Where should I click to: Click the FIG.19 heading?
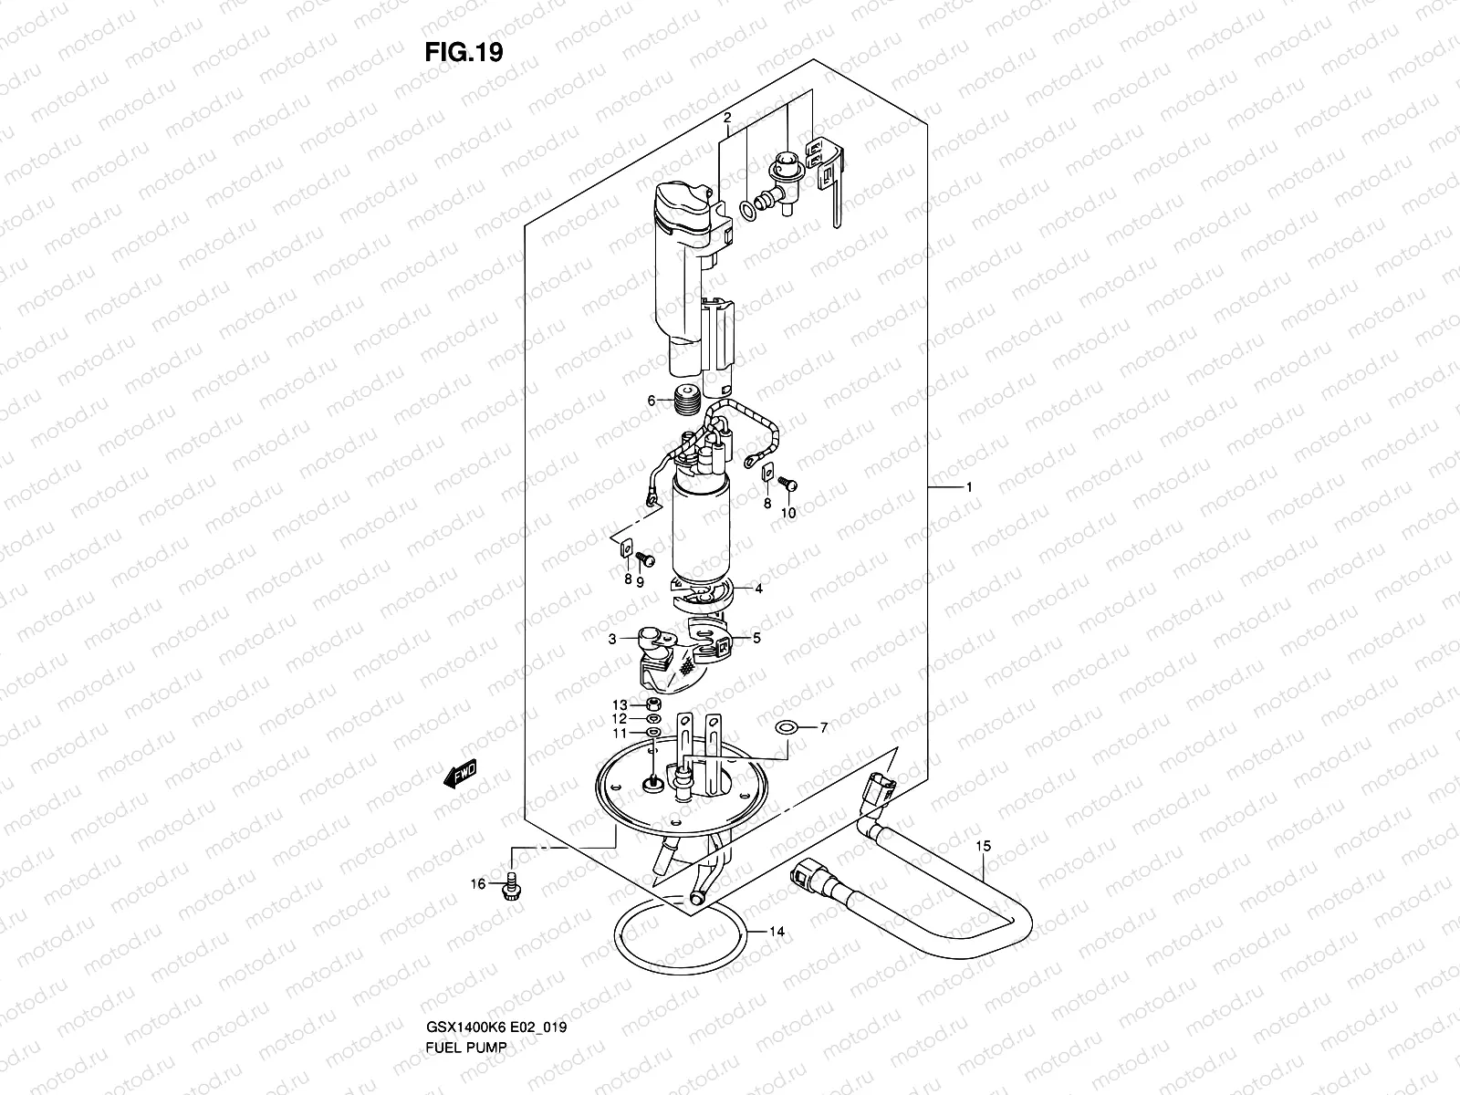coord(464,53)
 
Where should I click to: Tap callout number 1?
coord(968,488)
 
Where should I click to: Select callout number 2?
coord(727,118)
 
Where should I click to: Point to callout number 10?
coord(788,513)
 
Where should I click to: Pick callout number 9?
coord(641,581)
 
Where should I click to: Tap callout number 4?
coord(758,589)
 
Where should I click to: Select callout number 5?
coord(757,639)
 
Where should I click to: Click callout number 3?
coord(613,639)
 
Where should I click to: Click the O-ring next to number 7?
coord(786,727)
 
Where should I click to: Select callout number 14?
coord(777,932)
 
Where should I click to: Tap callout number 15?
coord(982,847)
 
